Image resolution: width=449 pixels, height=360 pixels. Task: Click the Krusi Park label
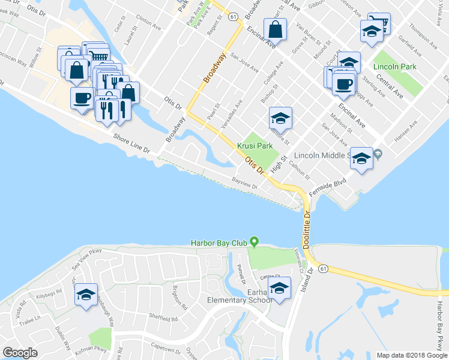coord(255,146)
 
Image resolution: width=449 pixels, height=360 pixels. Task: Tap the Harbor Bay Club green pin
coord(255,242)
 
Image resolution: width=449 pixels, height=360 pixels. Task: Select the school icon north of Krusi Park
coord(280,118)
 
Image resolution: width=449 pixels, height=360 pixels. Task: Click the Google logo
coord(20,353)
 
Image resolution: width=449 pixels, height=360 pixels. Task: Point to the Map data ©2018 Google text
coord(412,355)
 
